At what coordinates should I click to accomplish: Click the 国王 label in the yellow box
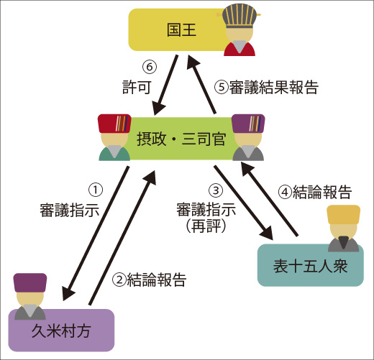click(181, 30)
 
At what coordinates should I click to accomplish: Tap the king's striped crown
click(238, 15)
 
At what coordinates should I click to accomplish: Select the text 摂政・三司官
click(181, 139)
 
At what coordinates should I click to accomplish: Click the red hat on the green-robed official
click(114, 124)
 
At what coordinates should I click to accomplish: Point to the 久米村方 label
click(61, 331)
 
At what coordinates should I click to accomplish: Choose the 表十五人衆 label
click(311, 266)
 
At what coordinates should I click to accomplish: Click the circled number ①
click(96, 190)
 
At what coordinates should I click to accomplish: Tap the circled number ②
click(119, 280)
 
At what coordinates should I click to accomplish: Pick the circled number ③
click(216, 190)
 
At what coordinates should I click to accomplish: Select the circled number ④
click(285, 192)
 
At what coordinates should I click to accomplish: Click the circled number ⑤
click(222, 87)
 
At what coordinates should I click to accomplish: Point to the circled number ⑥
click(150, 67)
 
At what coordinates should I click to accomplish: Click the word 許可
click(137, 87)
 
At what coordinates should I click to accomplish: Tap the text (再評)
click(206, 226)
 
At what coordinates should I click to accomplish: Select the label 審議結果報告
click(273, 87)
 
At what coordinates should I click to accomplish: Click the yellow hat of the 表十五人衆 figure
click(344, 214)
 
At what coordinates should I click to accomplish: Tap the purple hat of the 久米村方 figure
click(30, 282)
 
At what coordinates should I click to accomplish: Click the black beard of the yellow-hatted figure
click(344, 241)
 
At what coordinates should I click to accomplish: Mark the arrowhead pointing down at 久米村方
click(68, 292)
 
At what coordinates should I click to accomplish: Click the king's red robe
click(240, 49)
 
